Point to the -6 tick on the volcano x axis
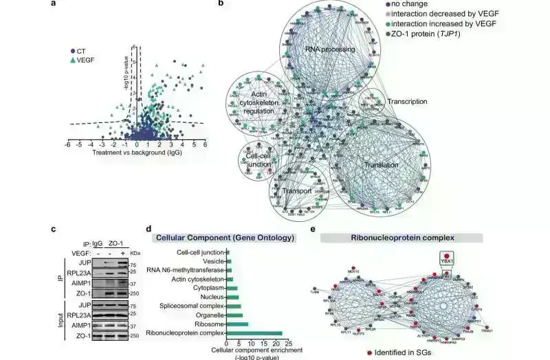(x=67, y=145)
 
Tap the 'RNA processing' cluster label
(x=329, y=49)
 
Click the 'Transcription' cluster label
(x=407, y=102)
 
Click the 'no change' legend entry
(x=410, y=3)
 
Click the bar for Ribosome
(x=238, y=324)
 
